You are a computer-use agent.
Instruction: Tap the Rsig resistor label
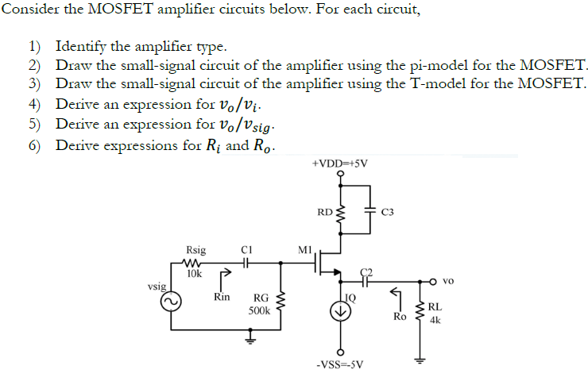click(195, 250)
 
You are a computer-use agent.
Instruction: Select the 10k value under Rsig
click(194, 273)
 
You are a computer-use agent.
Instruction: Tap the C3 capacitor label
click(388, 213)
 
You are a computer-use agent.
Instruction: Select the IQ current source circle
click(340, 311)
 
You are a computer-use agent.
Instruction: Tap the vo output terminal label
click(448, 281)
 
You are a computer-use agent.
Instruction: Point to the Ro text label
click(400, 316)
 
